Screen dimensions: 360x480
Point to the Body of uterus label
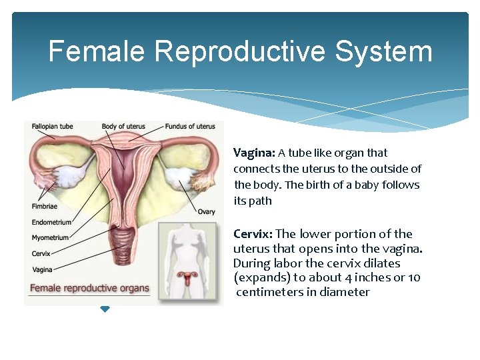tap(123, 126)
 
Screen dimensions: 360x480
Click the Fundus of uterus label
tap(190, 126)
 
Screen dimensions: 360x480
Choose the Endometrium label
tap(51, 223)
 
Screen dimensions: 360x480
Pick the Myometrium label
tap(50, 238)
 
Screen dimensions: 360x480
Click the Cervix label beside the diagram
tap(41, 253)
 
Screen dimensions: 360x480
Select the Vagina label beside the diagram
tap(42, 269)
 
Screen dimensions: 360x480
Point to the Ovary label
tap(206, 212)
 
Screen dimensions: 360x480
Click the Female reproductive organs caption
tap(89, 289)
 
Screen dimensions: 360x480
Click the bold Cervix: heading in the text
tap(252, 234)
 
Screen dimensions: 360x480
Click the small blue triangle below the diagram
tap(105, 309)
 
